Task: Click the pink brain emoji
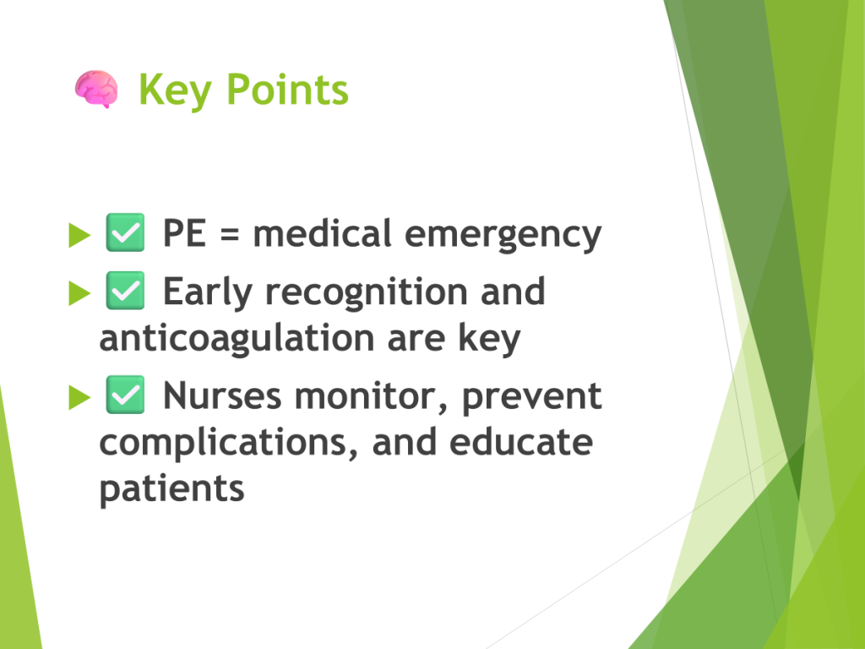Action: [x=96, y=89]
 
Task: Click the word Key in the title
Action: [x=175, y=91]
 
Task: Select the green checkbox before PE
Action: [x=125, y=232]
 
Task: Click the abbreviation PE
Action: [x=184, y=233]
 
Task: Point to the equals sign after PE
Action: [x=230, y=234]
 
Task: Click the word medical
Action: [x=322, y=233]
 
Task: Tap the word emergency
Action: [x=503, y=236]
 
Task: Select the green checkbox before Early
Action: [x=125, y=291]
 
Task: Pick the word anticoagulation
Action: [x=237, y=339]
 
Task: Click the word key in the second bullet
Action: [x=489, y=338]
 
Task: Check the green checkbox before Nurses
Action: [x=125, y=395]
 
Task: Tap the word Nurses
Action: [x=222, y=395]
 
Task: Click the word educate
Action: [x=521, y=442]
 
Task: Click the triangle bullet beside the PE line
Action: [x=79, y=235]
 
